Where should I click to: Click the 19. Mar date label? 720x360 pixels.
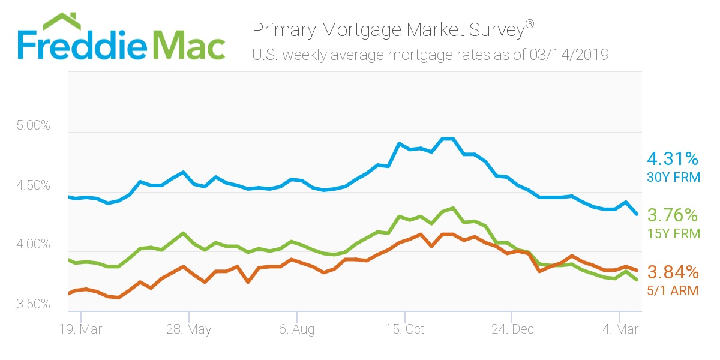(x=81, y=329)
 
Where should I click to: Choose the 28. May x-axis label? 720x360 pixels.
(x=189, y=329)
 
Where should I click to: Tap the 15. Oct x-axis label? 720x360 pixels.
(x=405, y=329)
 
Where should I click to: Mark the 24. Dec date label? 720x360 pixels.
(x=512, y=329)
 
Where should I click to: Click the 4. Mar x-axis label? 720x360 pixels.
(x=620, y=329)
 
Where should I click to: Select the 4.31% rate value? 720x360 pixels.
(x=672, y=159)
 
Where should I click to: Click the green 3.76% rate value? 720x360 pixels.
(x=672, y=215)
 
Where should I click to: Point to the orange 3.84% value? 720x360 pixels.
(x=672, y=273)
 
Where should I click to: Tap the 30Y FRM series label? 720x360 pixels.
(x=673, y=177)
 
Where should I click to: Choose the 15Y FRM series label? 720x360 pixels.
(x=673, y=233)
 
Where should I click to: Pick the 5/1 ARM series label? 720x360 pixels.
(x=673, y=291)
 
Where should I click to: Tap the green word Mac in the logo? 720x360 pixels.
(x=189, y=43)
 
